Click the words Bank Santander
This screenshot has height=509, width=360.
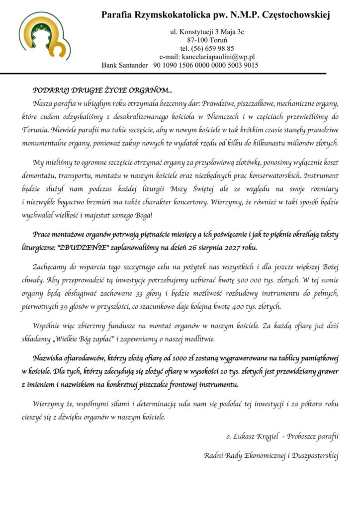click(x=125, y=65)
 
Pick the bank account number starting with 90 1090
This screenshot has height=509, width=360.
click(x=205, y=65)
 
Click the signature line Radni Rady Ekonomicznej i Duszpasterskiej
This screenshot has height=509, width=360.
click(x=271, y=455)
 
